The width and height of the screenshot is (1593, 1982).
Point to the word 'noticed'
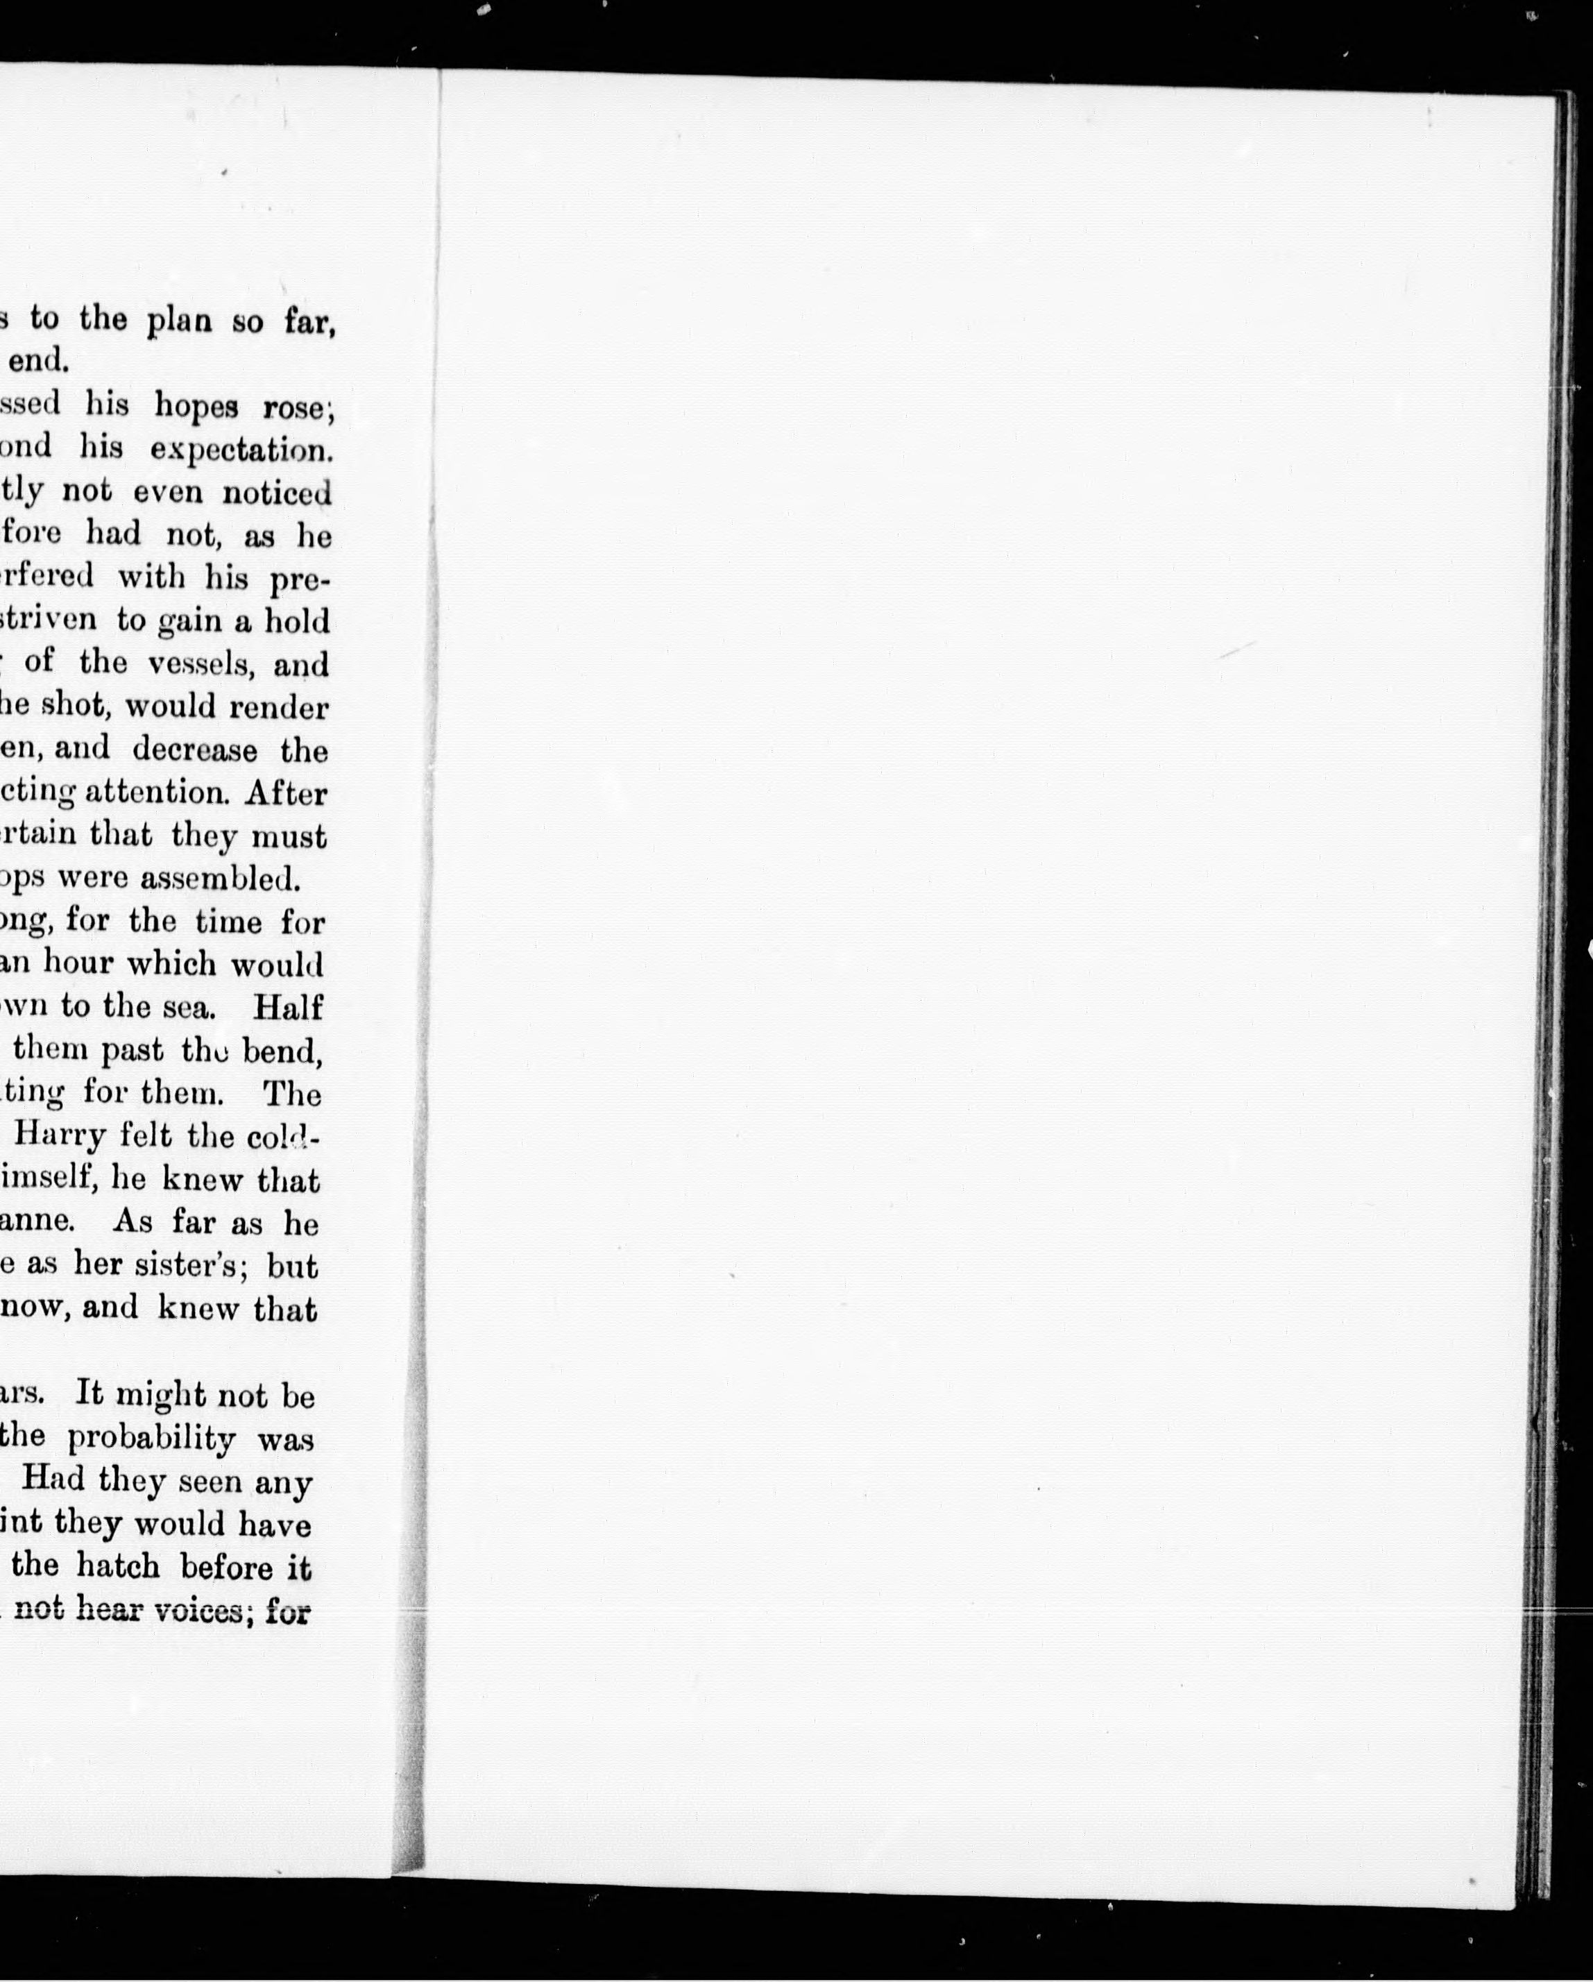pyautogui.click(x=277, y=493)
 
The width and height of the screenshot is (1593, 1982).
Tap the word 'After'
pyautogui.click(x=286, y=793)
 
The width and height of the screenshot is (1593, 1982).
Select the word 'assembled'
pyautogui.click(x=221, y=880)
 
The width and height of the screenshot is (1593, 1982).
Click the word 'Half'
pyautogui.click(x=288, y=1007)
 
